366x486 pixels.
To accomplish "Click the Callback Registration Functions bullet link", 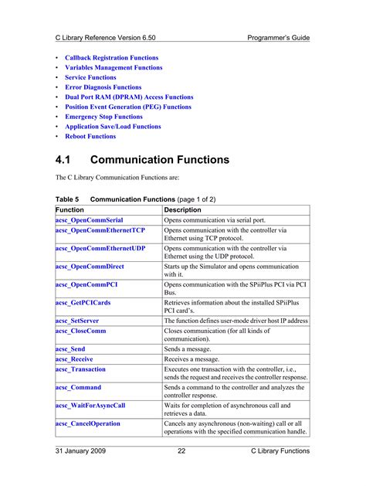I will point(111,58).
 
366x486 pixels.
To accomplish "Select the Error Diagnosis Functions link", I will point(103,87).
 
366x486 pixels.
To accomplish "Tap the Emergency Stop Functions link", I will point(103,117).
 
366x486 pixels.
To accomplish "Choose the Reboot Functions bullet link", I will point(90,137).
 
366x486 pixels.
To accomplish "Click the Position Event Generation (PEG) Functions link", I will point(127,107).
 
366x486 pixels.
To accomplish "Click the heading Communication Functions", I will point(160,160).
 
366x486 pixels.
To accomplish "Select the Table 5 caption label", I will point(66,199).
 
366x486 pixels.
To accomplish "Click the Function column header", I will point(70,209).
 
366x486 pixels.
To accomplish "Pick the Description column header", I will point(183,209).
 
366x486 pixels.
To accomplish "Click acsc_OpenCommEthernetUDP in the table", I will point(100,249).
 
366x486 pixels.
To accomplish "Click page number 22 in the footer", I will point(181,451).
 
